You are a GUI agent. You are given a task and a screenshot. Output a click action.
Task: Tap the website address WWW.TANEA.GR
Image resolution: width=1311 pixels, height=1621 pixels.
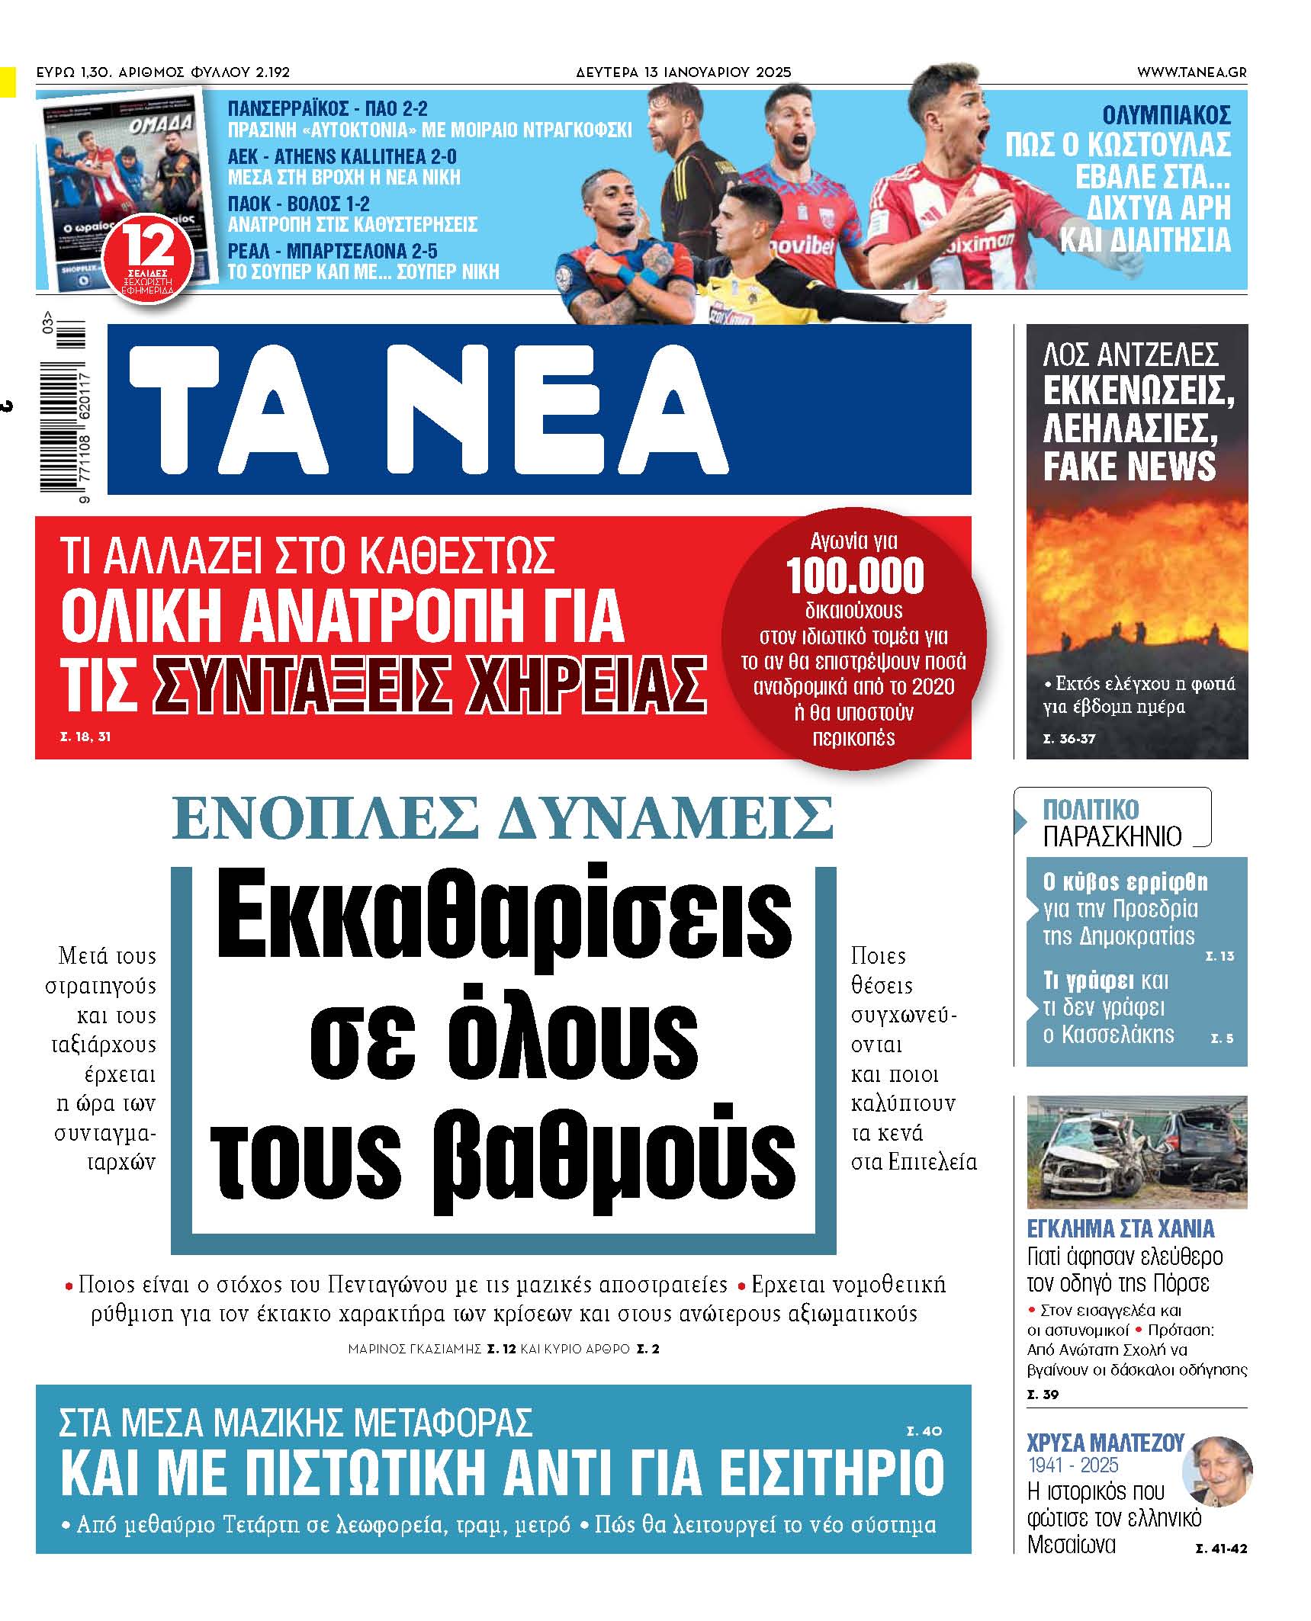point(1191,72)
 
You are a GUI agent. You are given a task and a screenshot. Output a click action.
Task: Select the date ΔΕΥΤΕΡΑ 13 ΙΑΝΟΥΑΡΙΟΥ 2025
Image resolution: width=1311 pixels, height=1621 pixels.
point(683,72)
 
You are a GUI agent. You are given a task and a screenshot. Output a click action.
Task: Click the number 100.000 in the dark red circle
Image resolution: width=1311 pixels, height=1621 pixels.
point(855,576)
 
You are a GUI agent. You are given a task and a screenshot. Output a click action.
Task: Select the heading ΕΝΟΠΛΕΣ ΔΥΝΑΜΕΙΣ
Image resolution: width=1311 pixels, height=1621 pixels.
point(503,818)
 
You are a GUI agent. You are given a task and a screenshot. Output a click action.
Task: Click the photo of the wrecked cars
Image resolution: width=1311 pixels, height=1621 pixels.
point(1136,1151)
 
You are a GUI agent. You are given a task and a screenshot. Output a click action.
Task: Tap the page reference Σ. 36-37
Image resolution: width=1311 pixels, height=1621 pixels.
point(1068,738)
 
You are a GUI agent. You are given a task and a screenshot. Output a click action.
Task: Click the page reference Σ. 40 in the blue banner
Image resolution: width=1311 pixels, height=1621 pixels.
point(924,1431)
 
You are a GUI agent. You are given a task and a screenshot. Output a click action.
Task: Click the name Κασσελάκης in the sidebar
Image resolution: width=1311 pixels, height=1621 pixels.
point(1108,1035)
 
